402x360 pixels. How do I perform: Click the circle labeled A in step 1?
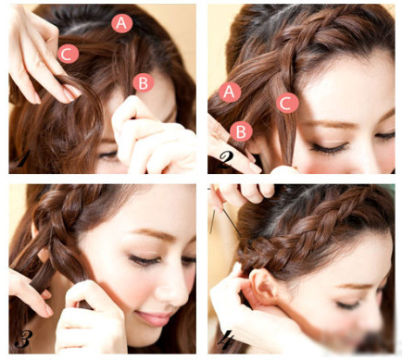pos(122,23)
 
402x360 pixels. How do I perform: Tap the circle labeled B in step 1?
pos(144,83)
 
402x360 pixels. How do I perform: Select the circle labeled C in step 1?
pos(69,54)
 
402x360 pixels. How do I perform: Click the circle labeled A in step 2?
pos(230,92)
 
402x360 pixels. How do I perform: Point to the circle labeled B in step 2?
pos(241,131)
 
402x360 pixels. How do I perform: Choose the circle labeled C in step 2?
pos(287,103)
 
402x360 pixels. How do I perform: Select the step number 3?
pos(23,339)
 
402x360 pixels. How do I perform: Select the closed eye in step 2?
pos(329,148)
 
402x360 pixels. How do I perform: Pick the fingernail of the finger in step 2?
pos(255,168)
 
